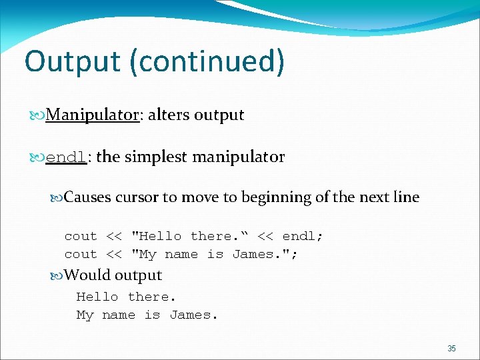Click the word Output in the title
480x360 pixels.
tap(71, 61)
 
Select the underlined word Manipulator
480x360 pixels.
tap(92, 115)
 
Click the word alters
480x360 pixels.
tap(169, 115)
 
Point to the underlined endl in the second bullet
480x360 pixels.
tap(67, 158)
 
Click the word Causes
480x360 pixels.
tap(88, 197)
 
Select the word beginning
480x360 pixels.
tap(277, 197)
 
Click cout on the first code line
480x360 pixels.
tap(81, 236)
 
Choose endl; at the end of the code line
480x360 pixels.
tap(303, 236)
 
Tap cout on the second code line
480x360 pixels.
tap(81, 254)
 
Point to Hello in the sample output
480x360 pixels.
tap(97, 297)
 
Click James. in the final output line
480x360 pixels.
tap(193, 315)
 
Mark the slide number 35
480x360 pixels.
tap(451, 349)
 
